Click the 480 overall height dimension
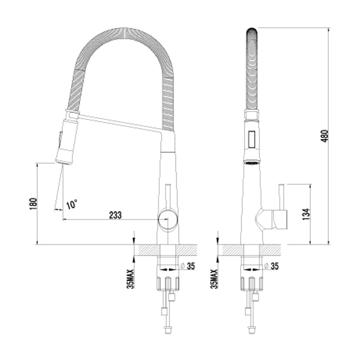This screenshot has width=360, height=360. click(x=325, y=136)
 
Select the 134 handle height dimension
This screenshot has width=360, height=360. click(x=306, y=214)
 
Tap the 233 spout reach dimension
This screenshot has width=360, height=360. click(x=115, y=215)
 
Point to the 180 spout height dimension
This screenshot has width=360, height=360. click(x=33, y=204)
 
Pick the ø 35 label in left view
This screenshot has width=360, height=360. click(x=188, y=266)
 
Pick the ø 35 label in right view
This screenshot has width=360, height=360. click(x=272, y=266)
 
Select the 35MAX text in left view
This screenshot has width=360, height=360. click(x=130, y=279)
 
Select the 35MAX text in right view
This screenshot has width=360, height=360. click(x=214, y=279)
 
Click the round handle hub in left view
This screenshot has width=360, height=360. click(x=168, y=220)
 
